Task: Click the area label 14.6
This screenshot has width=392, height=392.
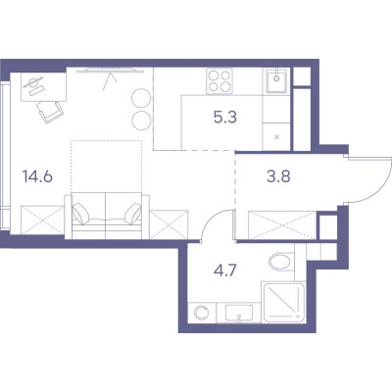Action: click(37, 176)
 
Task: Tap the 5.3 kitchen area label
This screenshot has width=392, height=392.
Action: click(225, 117)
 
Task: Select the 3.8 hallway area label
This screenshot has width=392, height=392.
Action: click(278, 176)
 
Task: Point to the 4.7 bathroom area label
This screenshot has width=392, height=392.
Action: click(225, 270)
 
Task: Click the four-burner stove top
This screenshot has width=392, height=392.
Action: click(220, 81)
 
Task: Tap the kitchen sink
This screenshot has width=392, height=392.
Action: click(276, 80)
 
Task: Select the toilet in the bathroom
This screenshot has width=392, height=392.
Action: click(281, 262)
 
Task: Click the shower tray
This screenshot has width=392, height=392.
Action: click(283, 303)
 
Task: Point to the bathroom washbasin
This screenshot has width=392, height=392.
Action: click(239, 313)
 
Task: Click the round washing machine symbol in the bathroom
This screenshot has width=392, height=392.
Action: click(202, 313)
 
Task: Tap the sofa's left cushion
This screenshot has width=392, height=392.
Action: click(80, 214)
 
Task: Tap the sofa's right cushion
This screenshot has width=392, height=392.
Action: click(133, 214)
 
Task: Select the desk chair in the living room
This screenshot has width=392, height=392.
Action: click(50, 112)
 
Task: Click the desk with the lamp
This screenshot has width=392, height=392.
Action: click(43, 87)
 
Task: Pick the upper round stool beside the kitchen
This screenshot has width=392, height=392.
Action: click(141, 98)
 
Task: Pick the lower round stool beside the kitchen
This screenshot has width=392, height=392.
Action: click(141, 121)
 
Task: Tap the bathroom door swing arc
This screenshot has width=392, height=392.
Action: click(210, 219)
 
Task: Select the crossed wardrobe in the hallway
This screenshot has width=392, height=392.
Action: click(282, 225)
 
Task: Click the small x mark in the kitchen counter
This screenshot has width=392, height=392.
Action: click(276, 137)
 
